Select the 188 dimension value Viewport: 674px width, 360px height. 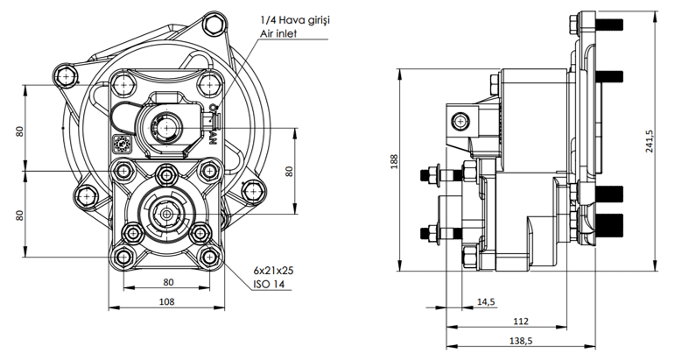click(x=395, y=161)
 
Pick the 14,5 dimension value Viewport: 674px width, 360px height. click(x=485, y=302)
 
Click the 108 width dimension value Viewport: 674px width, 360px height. click(x=167, y=301)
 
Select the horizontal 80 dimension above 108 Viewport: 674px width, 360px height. click(x=167, y=283)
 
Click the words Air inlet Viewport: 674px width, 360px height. click(x=279, y=33)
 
